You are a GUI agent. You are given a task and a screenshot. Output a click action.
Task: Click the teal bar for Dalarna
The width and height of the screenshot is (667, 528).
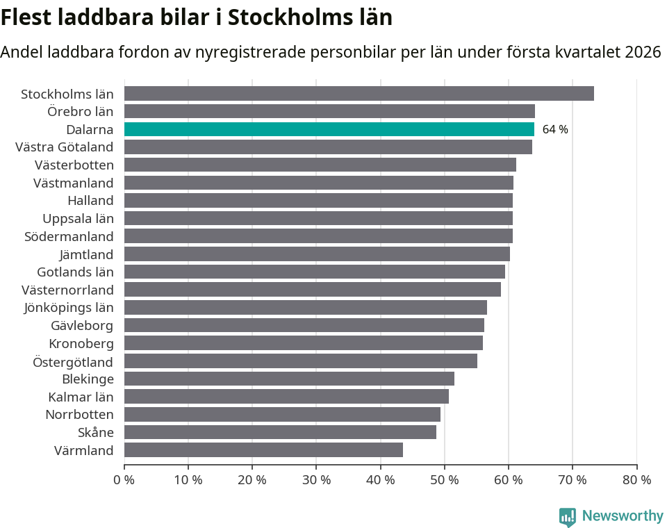(x=329, y=129)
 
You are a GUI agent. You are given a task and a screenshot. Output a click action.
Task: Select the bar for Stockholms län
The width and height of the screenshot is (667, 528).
(x=359, y=94)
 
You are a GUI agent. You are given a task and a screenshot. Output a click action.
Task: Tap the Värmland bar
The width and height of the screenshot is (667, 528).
(x=263, y=450)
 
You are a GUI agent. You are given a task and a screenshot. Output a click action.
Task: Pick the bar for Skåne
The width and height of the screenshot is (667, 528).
(x=280, y=432)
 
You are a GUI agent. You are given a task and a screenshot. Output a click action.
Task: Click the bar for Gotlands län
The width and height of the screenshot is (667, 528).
(x=314, y=272)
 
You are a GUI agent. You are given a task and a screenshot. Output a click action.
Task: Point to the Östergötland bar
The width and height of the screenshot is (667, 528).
(x=300, y=361)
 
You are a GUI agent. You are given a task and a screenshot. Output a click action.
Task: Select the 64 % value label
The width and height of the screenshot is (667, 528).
(x=555, y=130)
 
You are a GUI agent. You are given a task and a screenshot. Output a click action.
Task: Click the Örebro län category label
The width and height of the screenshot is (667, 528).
(x=81, y=111)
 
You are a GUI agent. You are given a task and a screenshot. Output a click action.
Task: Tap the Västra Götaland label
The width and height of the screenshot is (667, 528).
(x=65, y=147)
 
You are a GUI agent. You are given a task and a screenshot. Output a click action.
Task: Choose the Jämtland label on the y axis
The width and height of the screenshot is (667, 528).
(x=87, y=254)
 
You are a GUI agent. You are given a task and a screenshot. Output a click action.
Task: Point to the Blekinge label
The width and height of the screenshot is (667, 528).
(x=88, y=379)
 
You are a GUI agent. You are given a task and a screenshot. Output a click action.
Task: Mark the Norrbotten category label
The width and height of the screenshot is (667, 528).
(x=79, y=415)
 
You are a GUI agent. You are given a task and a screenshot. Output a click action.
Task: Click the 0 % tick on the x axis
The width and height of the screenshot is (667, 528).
(x=124, y=480)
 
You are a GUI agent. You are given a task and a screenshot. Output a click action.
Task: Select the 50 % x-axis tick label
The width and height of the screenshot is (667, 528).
(x=444, y=480)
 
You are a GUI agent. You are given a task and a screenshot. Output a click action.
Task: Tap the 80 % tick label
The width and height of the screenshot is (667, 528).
(x=636, y=480)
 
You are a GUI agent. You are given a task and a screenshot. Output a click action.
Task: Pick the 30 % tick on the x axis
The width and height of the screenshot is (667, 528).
(x=316, y=480)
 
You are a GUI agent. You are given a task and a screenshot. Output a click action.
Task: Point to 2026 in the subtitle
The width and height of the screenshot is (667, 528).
(x=643, y=52)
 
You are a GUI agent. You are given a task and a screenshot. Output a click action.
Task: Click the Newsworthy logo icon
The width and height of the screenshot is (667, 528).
(x=568, y=517)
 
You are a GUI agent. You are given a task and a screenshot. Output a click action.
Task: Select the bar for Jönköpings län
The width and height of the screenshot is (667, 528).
(x=305, y=308)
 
